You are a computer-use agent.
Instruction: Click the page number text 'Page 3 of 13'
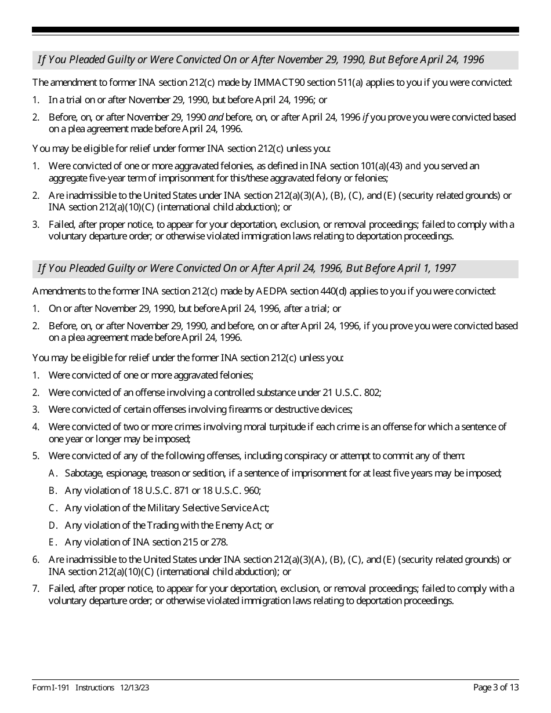pyautogui.click(x=496, y=687)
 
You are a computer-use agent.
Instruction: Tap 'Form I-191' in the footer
pyautogui.click(x=51, y=687)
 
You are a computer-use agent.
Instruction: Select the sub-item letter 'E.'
pyautogui.click(x=52, y=543)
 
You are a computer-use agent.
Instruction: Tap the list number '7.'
pyautogui.click(x=36, y=589)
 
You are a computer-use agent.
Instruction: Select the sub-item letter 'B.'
pyautogui.click(x=52, y=490)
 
